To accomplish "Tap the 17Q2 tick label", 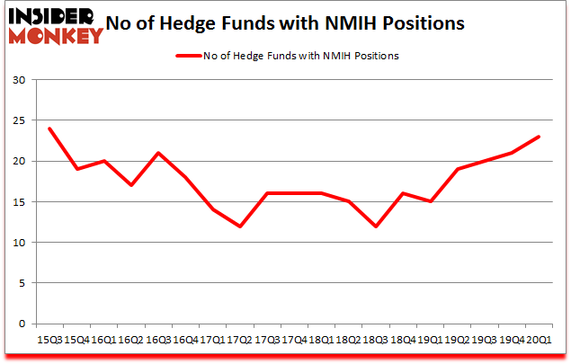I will click(238, 339).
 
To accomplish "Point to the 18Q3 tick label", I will click(375, 339).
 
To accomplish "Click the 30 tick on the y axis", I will click(18, 80).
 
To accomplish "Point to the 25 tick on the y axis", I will click(18, 120).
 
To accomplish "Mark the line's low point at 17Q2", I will click(238, 226).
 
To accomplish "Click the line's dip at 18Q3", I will click(375, 226).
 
